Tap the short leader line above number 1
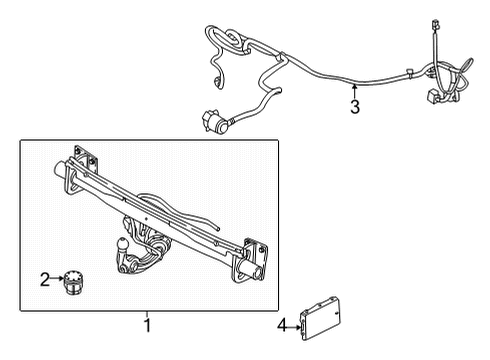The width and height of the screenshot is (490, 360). tap(147, 313)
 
